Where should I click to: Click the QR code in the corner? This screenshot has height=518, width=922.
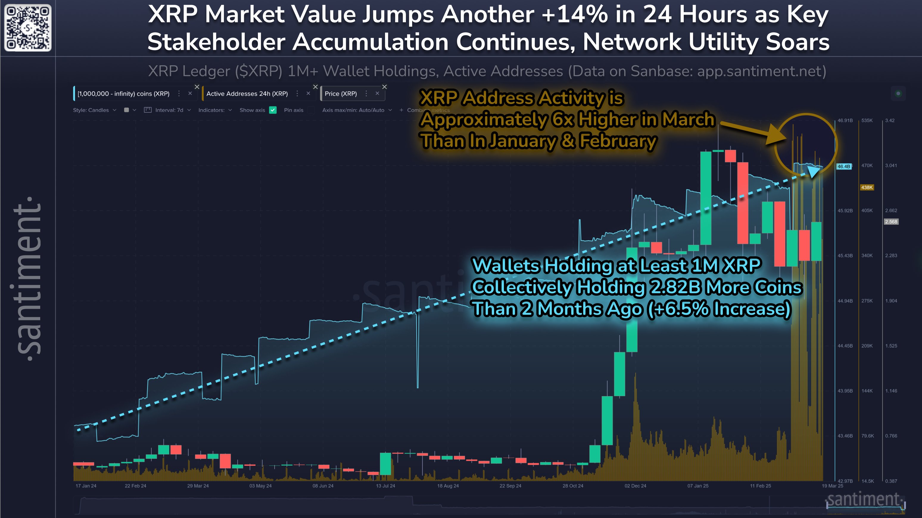click(28, 28)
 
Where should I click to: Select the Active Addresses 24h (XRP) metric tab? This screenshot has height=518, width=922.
click(247, 94)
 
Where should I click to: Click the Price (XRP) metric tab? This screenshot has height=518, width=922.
click(340, 94)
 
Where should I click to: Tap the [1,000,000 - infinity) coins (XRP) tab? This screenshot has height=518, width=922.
click(124, 94)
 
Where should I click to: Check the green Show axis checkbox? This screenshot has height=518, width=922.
click(273, 110)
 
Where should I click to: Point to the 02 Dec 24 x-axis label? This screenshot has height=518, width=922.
click(635, 486)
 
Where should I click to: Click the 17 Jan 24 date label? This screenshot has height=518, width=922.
click(86, 486)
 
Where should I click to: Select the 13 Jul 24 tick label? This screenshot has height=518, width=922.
click(385, 486)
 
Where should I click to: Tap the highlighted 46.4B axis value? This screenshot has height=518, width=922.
click(844, 166)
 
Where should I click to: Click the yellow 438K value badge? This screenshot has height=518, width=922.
click(867, 187)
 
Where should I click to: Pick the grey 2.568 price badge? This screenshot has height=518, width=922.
click(891, 221)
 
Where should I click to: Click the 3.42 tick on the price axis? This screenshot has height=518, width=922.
click(890, 120)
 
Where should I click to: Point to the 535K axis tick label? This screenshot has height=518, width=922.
click(867, 120)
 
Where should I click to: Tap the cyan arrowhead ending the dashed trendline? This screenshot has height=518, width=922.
click(814, 172)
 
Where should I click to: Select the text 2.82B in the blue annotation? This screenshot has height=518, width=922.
click(674, 287)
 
